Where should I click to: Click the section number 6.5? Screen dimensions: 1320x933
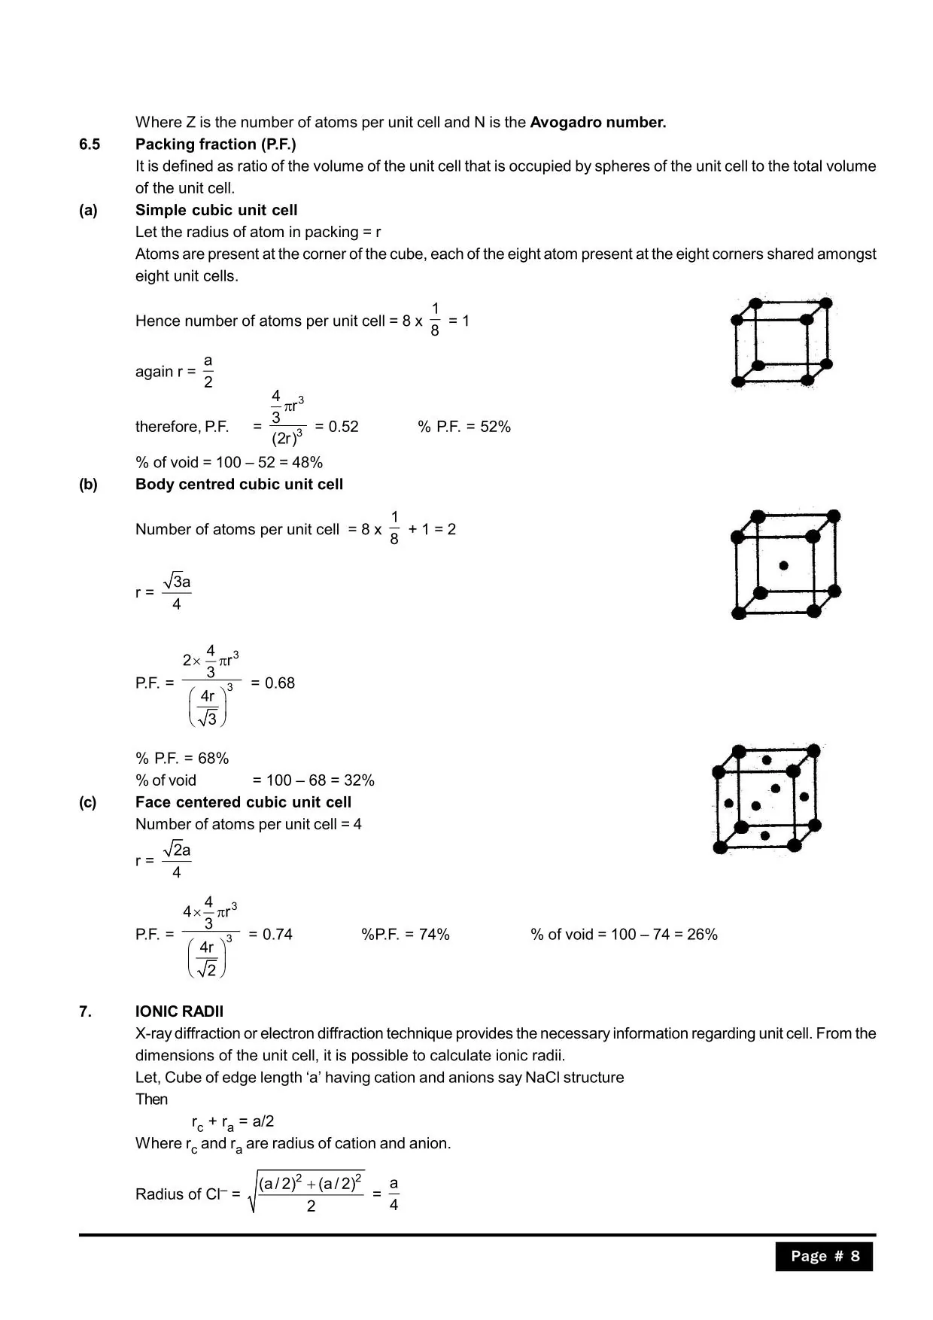89,144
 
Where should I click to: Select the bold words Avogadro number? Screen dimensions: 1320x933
597,123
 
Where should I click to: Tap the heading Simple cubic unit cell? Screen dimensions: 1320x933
216,211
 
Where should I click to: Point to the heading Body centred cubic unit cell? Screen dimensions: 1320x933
239,485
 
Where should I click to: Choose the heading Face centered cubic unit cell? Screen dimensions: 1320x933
243,802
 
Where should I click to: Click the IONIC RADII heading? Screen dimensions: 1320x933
179,1011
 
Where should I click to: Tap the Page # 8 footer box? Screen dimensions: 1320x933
824,1256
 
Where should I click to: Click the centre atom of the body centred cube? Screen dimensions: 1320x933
783,565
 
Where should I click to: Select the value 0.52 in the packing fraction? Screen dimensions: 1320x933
343,427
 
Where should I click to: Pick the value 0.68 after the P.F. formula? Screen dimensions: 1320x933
279,683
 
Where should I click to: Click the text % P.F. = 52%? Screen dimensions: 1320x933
463,427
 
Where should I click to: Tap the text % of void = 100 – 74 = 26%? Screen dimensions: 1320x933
624,935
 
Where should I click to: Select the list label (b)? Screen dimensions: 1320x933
88,485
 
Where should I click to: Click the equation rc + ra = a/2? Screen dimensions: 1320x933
232,1122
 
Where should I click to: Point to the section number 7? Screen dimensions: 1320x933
85,1011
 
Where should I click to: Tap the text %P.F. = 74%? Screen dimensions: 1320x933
405,935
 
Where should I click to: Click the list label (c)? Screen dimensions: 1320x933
88,802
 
